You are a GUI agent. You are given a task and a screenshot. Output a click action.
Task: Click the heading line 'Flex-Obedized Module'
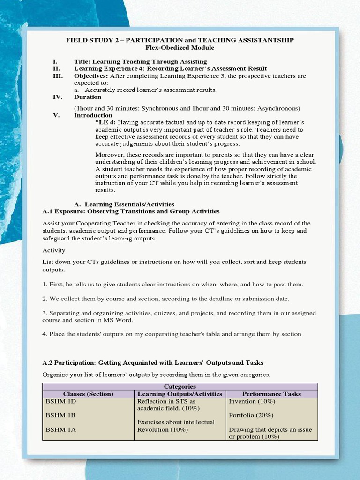(180, 48)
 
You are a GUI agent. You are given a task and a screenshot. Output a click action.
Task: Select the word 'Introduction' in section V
(93, 115)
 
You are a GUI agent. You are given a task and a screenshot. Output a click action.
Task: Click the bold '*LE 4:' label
(105, 122)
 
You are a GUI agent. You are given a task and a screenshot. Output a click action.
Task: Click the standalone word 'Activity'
(54, 250)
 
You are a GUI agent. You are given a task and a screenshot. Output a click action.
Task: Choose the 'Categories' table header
(180, 387)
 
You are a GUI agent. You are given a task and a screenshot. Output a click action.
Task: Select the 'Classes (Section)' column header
(88, 394)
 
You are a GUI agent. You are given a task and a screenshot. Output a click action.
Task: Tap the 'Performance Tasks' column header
(271, 394)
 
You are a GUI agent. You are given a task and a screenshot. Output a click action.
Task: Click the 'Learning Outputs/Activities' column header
(180, 394)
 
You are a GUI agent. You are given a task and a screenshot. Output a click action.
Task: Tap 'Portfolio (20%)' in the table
(251, 415)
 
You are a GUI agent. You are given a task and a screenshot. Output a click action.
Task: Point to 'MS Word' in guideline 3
(120, 320)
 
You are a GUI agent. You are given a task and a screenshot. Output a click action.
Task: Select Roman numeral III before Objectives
(57, 75)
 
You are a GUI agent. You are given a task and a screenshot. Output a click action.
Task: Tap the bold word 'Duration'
(88, 97)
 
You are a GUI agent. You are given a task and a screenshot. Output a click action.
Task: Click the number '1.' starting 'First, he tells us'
(45, 285)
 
